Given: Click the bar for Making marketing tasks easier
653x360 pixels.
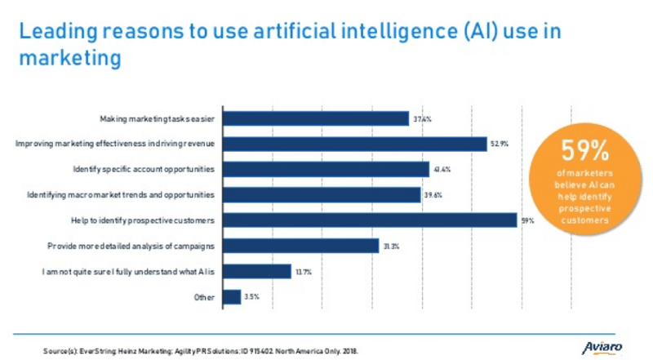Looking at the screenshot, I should pyautogui.click(x=315, y=118).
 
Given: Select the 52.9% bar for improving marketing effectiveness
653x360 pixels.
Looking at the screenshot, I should pyautogui.click(x=354, y=144).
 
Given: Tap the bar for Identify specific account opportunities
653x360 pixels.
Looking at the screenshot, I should pyautogui.click(x=326, y=169).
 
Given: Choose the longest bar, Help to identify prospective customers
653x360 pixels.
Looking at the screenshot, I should pyautogui.click(x=369, y=220).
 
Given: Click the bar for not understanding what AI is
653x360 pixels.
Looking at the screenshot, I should pyautogui.click(x=256, y=271).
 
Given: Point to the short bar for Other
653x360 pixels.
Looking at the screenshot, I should pyautogui.click(x=231, y=297).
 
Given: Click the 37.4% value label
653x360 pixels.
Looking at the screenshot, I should pyautogui.click(x=422, y=119).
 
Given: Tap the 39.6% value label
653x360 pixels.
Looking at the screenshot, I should pyautogui.click(x=433, y=195).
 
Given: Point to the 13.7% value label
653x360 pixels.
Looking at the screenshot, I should pyautogui.click(x=304, y=272).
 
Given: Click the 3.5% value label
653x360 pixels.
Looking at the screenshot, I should pyautogui.click(x=252, y=297).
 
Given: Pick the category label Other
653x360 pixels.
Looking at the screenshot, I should pyautogui.click(x=205, y=297).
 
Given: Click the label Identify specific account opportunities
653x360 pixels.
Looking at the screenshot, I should pyautogui.click(x=144, y=169).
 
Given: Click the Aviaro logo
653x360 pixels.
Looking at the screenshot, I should pyautogui.click(x=602, y=347).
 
